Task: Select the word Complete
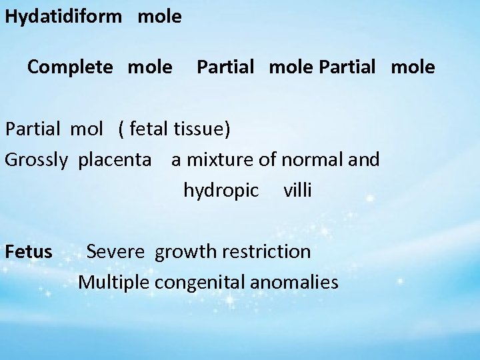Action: pos(69,67)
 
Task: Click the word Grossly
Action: pos(37,160)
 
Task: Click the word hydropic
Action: pos(221,191)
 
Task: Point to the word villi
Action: pos(297,190)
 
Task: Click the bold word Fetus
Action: pos(29,252)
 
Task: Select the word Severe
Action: pos(119,252)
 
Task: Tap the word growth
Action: pos(186,252)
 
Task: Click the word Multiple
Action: pos(114,283)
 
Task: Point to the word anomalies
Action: pos(297,282)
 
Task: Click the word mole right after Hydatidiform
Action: pos(159,17)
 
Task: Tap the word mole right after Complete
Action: pos(149,67)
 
